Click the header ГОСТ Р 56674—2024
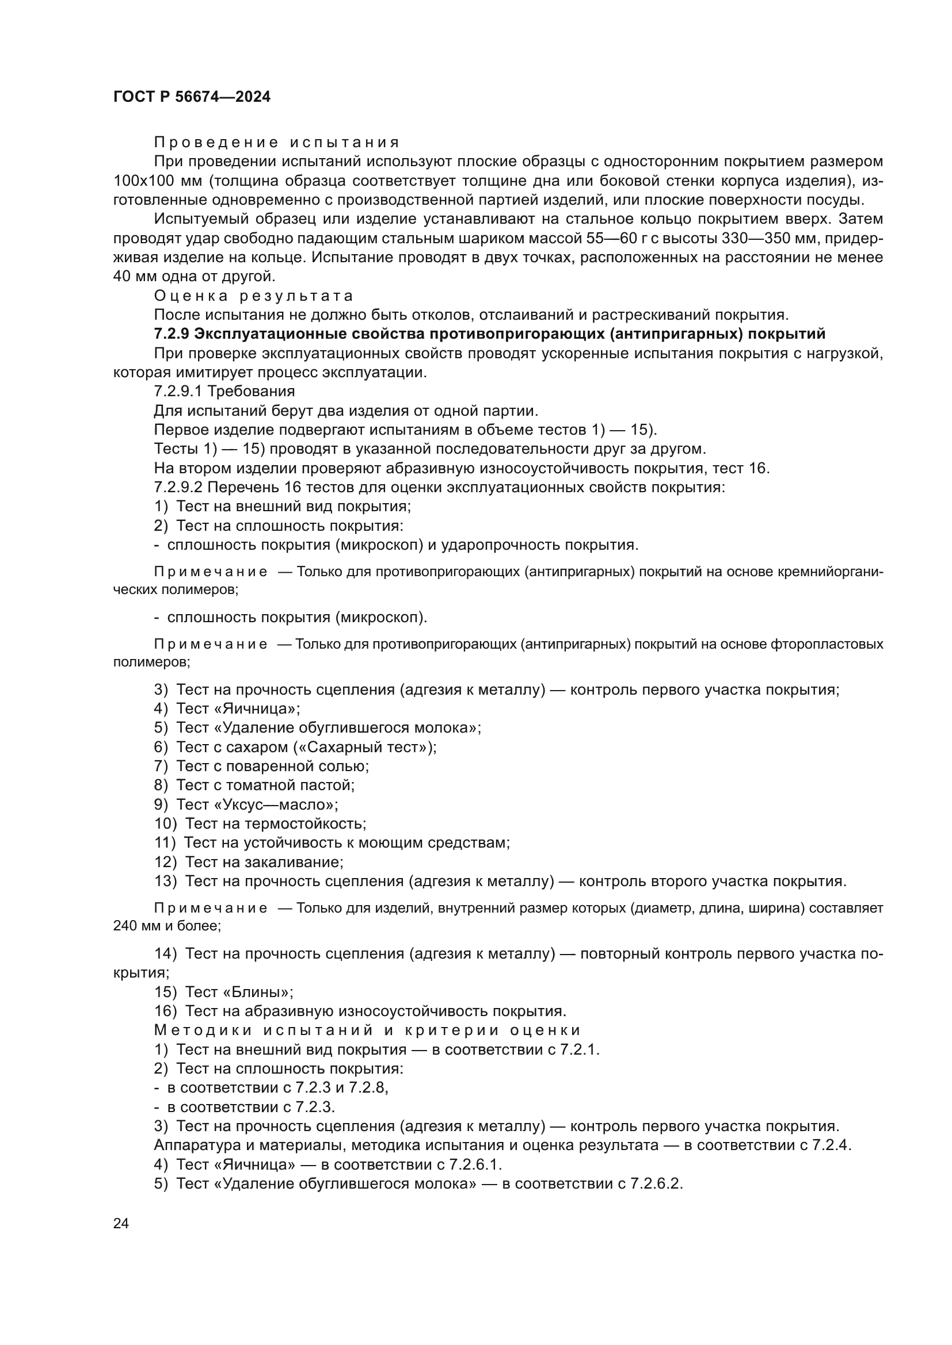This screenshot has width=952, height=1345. [192, 97]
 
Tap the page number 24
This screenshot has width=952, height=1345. [121, 1223]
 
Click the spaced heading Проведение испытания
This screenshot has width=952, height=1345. [277, 143]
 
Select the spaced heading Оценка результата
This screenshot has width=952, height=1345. [254, 296]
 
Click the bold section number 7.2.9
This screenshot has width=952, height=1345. [171, 334]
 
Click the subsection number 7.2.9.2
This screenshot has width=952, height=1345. [178, 488]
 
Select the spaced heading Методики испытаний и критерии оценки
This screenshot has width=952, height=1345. [367, 1030]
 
